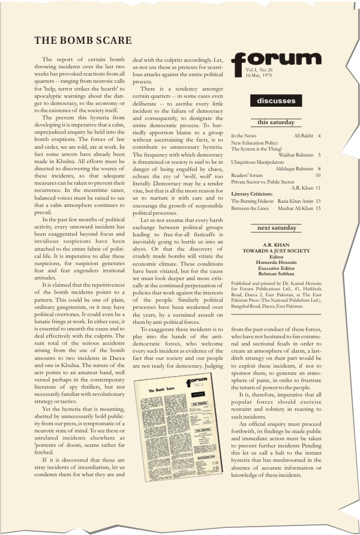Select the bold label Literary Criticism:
click(252, 194)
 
